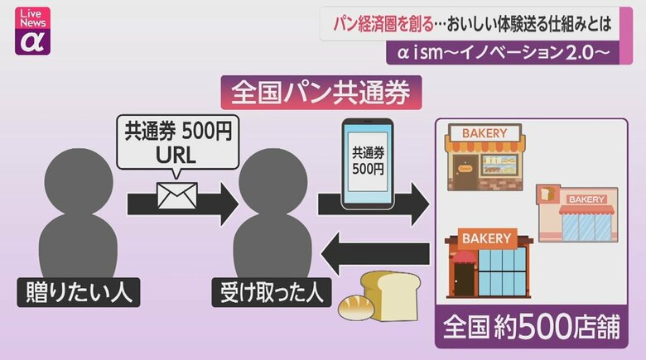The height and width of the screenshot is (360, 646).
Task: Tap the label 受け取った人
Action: [x=268, y=293]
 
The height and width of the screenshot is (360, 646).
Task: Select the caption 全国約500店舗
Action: [x=531, y=326]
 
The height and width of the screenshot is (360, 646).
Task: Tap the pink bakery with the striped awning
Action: [x=576, y=214]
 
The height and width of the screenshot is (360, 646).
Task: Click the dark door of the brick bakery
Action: [x=464, y=279]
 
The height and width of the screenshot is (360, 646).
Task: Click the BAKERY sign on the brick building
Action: [x=487, y=238]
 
